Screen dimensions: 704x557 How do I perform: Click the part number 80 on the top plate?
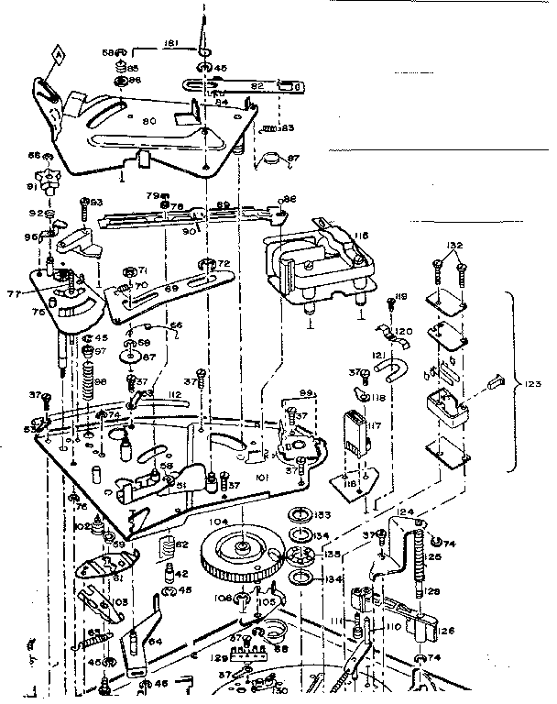pyautogui.click(x=148, y=118)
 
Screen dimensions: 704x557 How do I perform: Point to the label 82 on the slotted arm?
pyautogui.click(x=257, y=84)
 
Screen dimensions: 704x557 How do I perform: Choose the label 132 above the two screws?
pyautogui.click(x=453, y=246)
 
